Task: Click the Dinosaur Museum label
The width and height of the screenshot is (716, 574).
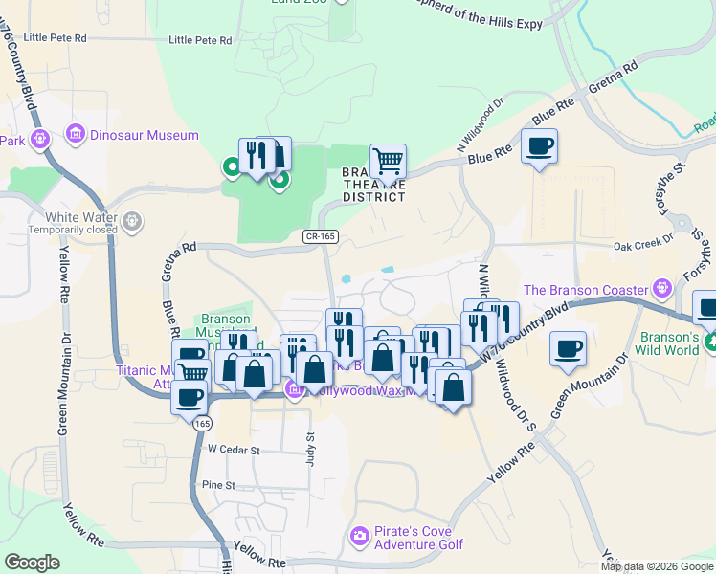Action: pos(144,136)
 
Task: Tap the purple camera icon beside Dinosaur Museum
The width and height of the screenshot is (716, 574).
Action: pos(76,136)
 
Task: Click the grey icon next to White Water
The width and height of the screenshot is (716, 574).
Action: pos(133,222)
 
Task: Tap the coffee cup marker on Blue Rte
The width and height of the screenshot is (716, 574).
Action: pos(540,146)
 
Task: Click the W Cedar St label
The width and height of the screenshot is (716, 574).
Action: pos(234,449)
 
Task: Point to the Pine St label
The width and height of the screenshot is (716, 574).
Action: pos(218,485)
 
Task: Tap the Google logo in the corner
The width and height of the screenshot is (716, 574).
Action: pos(32,563)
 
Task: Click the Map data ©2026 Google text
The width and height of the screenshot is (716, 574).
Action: pos(657,566)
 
